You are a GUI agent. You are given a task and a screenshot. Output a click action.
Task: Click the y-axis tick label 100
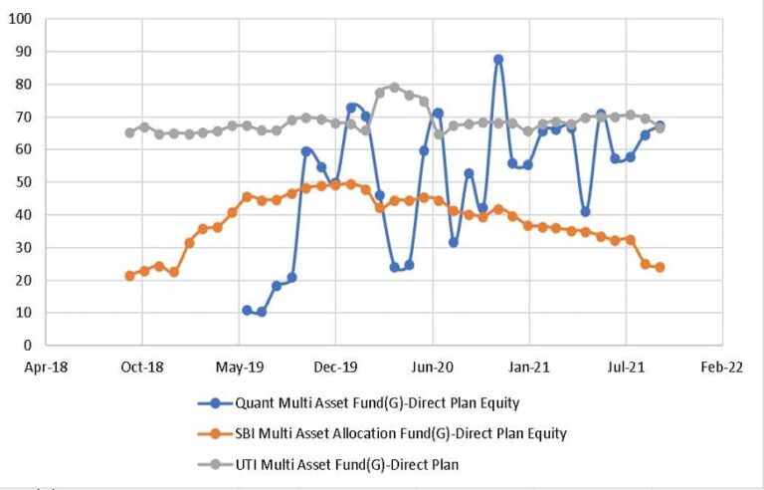pyautogui.click(x=20, y=19)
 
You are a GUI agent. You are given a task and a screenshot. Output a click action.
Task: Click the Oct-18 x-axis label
pyautogui.click(x=141, y=367)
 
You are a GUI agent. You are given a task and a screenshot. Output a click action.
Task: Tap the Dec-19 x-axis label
pyautogui.click(x=334, y=367)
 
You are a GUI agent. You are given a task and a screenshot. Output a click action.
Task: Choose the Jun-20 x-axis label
pyautogui.click(x=432, y=367)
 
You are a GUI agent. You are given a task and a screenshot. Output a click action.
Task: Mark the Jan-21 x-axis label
pyautogui.click(x=528, y=367)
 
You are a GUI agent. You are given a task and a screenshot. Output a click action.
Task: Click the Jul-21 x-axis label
pyautogui.click(x=625, y=367)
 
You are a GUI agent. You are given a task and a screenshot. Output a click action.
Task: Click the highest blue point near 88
pyautogui.click(x=498, y=59)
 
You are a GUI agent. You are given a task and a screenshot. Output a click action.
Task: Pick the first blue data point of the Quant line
pyautogui.click(x=247, y=310)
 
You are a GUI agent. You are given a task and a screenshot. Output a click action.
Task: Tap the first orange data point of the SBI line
pyautogui.click(x=129, y=275)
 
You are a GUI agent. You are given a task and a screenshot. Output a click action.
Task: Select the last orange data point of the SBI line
pyautogui.click(x=660, y=267)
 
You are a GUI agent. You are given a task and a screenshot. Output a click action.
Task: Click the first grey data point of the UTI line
pyautogui.click(x=129, y=132)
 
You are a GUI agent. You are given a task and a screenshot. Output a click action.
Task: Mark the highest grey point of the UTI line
pyautogui.click(x=395, y=87)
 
